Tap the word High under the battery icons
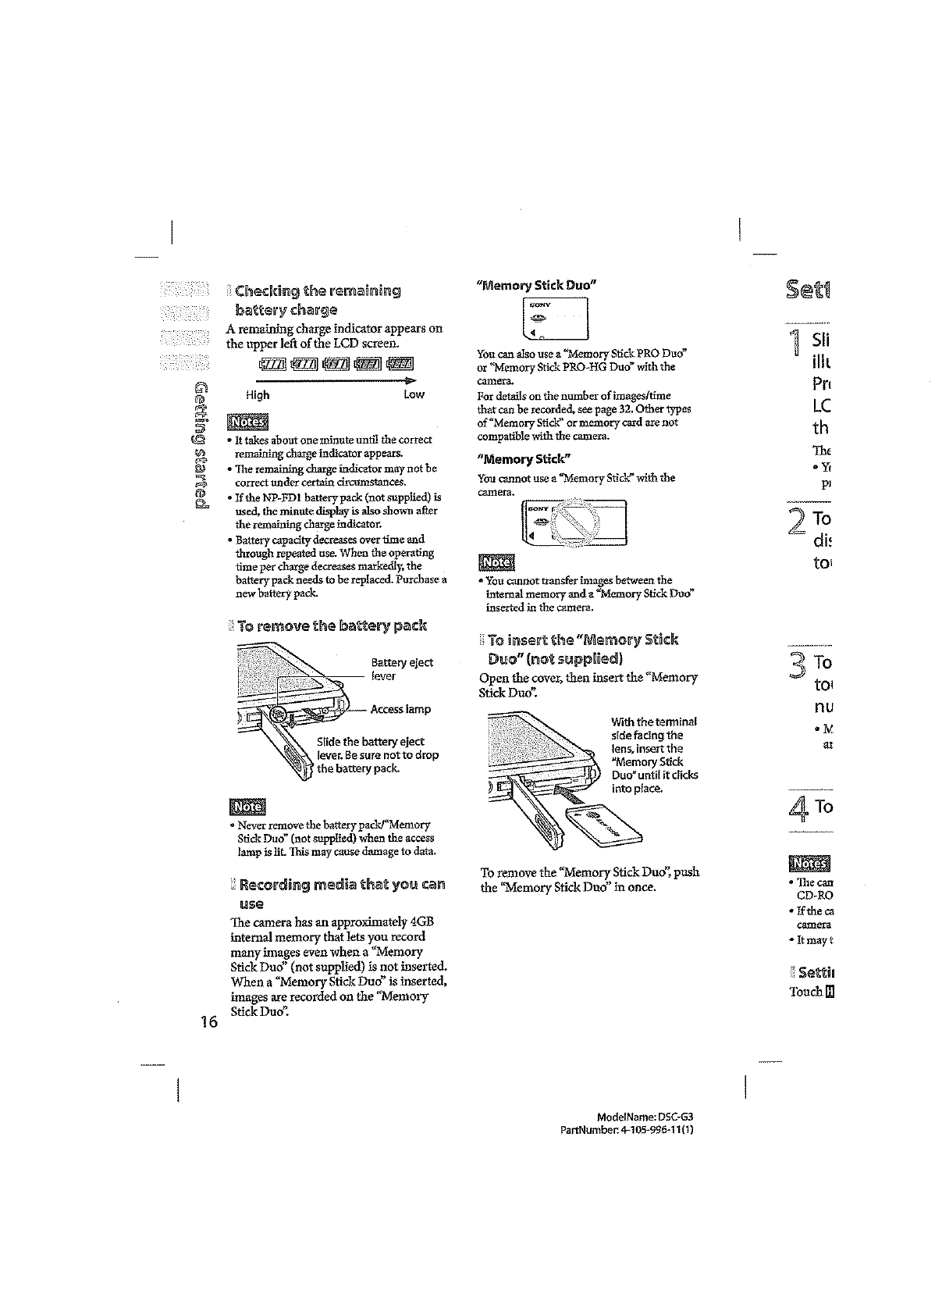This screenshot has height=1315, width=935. tap(258, 394)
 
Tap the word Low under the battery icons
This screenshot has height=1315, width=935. tap(414, 394)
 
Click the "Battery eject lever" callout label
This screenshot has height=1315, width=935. tap(402, 669)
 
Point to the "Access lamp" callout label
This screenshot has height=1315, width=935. tap(400, 709)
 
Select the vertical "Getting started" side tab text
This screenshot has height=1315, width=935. tap(202, 445)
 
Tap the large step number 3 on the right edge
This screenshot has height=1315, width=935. tap(798, 668)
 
